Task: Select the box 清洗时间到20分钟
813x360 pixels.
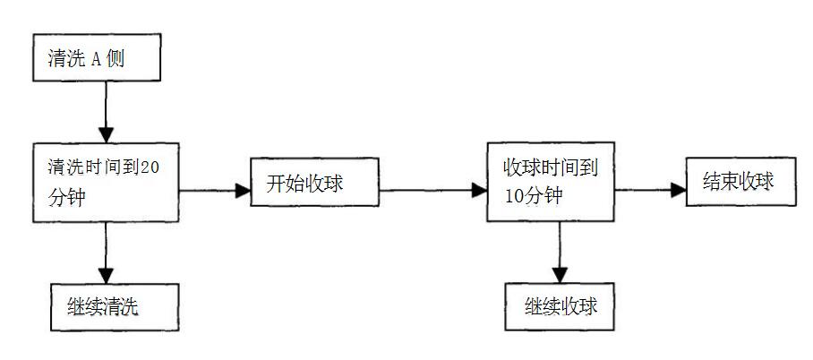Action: pos(106,181)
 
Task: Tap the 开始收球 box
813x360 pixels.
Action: pos(304,185)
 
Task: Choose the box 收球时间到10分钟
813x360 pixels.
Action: pos(550,181)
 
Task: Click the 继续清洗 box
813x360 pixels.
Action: pos(107,307)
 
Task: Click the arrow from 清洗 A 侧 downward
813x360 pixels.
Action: pos(106,112)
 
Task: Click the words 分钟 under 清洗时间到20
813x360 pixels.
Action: pos(65,197)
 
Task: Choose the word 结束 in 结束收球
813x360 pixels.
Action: pos(716,182)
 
